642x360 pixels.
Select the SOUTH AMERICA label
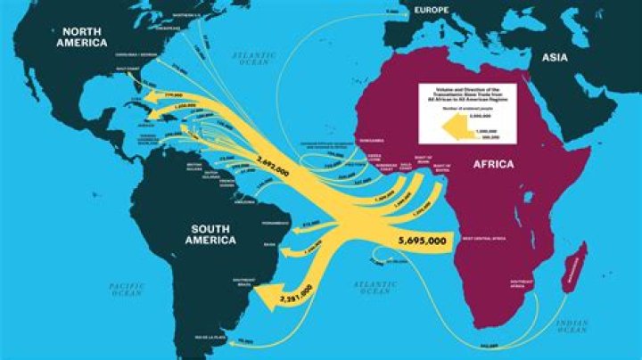[212, 235]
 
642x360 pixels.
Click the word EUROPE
[430, 10]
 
